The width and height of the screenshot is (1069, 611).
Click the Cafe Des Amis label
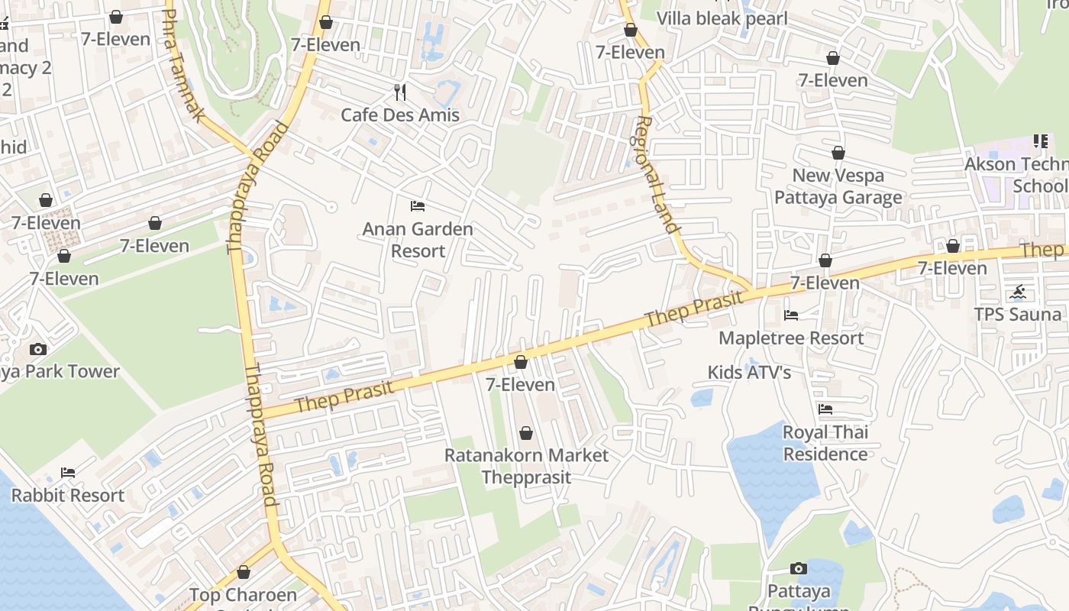tap(400, 115)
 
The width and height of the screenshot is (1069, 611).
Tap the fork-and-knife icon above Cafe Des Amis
tap(400, 92)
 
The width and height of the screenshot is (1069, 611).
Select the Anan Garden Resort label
tap(418, 240)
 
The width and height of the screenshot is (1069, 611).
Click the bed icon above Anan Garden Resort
tap(418, 206)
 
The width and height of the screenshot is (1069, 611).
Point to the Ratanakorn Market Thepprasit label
tap(526, 466)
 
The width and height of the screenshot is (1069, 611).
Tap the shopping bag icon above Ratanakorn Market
tap(526, 434)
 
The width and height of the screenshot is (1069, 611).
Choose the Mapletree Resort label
tap(791, 338)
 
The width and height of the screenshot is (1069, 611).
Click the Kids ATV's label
tap(749, 372)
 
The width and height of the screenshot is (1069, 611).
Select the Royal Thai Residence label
tap(825, 443)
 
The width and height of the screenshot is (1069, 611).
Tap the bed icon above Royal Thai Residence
tap(825, 409)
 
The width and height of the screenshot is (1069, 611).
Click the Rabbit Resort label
tap(68, 495)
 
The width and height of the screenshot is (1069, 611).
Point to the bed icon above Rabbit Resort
tap(68, 473)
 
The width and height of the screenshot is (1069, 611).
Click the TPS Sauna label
tap(1018, 314)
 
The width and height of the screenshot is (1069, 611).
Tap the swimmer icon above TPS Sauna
tap(1018, 292)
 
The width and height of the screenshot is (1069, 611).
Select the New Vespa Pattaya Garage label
tap(838, 186)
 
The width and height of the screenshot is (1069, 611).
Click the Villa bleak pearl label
tap(722, 18)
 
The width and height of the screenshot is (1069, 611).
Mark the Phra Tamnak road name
tap(183, 65)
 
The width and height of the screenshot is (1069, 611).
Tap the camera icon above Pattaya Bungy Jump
tap(798, 568)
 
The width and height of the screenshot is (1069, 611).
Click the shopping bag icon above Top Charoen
tap(243, 572)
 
